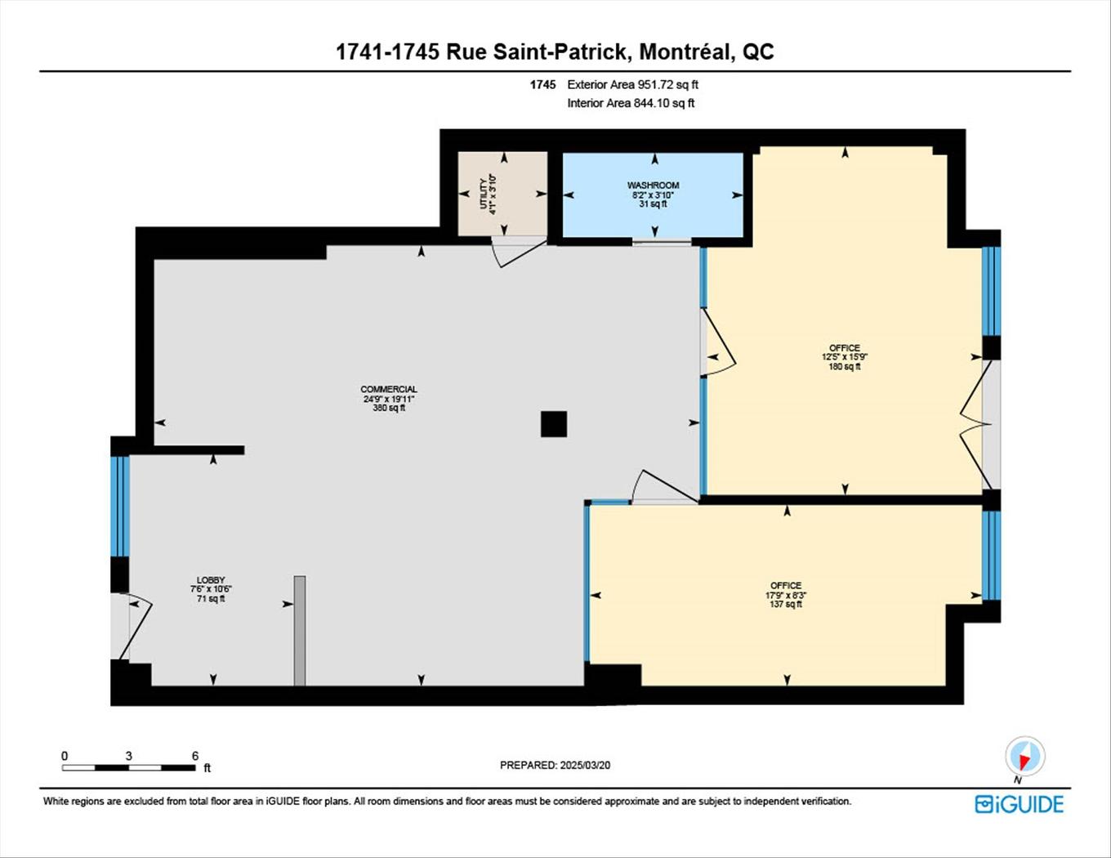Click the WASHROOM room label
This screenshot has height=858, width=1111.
(x=653, y=186)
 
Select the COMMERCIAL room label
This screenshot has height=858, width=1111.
(x=389, y=390)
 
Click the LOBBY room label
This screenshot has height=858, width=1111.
(x=211, y=580)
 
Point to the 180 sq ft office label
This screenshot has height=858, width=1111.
(x=845, y=357)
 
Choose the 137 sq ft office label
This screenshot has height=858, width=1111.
(x=786, y=595)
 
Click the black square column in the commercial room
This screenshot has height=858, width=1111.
(x=554, y=424)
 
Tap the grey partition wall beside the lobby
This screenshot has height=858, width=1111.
(x=300, y=630)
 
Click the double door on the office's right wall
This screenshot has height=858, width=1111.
(x=975, y=425)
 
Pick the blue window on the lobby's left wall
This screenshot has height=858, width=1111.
(x=120, y=506)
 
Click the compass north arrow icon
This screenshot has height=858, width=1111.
(x=1024, y=757)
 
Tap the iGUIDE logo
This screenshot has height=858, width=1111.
(x=1019, y=804)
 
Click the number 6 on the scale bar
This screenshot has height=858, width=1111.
(x=194, y=756)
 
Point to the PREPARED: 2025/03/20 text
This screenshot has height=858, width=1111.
(x=555, y=766)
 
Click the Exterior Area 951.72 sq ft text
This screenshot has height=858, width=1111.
(x=632, y=84)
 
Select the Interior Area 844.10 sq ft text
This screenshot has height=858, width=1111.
(x=631, y=103)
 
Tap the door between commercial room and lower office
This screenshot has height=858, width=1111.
(x=663, y=489)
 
